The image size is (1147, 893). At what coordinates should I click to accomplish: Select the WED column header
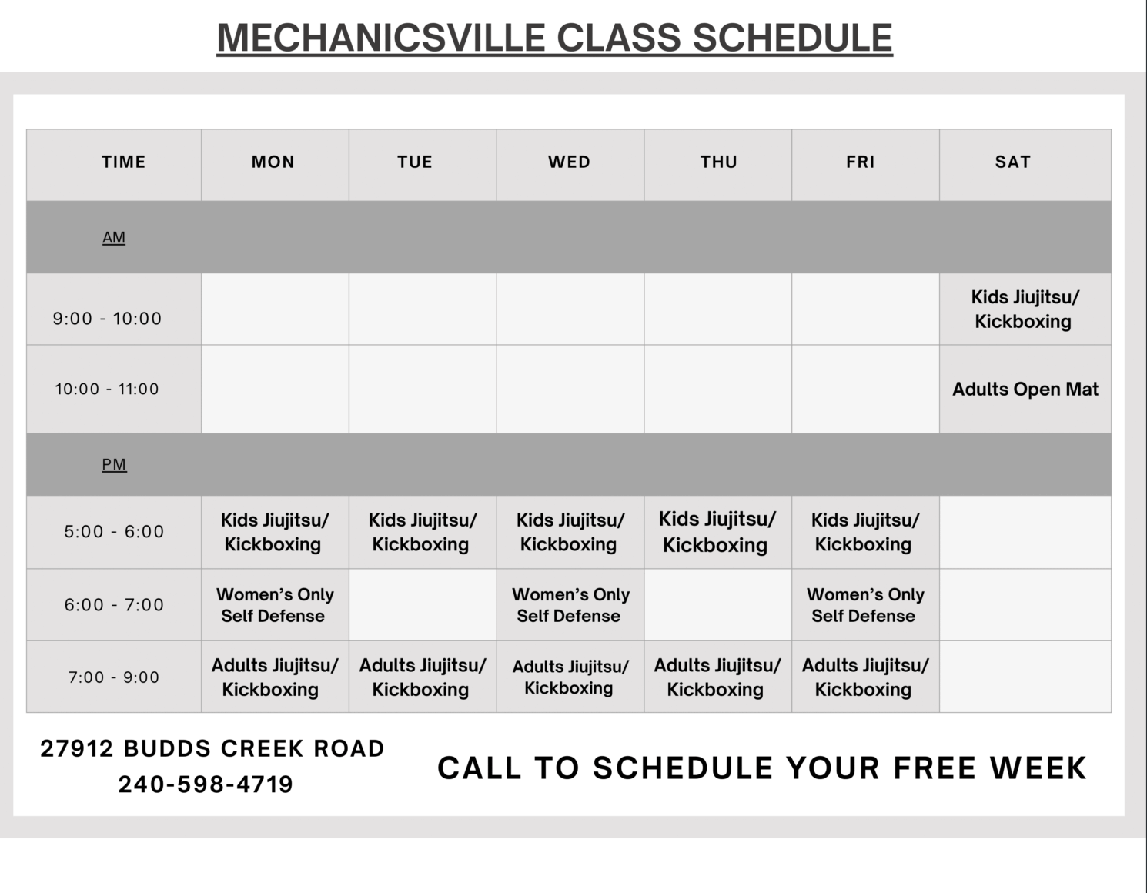(x=570, y=162)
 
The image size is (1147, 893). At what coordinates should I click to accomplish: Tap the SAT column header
(x=1012, y=162)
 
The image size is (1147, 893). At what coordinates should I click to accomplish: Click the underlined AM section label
(x=114, y=238)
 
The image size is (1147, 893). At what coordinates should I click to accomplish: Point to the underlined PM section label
(x=114, y=465)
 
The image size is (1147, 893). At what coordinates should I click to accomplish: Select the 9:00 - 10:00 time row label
(x=107, y=319)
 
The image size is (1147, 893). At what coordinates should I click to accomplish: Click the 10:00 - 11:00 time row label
(x=107, y=390)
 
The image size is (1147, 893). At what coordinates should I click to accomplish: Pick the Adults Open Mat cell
(x=1025, y=390)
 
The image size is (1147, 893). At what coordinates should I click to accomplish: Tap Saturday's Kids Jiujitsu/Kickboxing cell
(x=1024, y=309)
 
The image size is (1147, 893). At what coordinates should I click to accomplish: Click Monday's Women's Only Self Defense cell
(x=274, y=605)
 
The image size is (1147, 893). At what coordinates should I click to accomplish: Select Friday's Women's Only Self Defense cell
(x=864, y=605)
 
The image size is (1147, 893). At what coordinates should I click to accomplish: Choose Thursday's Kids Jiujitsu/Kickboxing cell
(x=717, y=532)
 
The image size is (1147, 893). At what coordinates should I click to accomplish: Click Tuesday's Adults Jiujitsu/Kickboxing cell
(x=422, y=677)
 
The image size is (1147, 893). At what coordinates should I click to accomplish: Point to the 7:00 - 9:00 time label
(x=114, y=678)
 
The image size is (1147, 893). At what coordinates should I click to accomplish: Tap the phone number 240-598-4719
(x=206, y=784)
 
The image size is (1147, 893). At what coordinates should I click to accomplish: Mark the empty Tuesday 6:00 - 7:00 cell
(x=422, y=605)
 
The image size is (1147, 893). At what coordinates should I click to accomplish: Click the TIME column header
(x=123, y=162)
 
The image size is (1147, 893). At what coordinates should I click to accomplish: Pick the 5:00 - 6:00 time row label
(x=114, y=532)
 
